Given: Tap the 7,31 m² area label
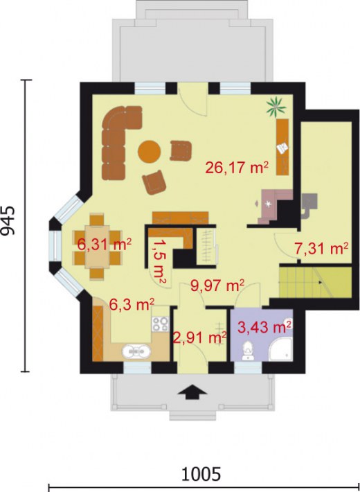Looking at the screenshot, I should coord(321,247).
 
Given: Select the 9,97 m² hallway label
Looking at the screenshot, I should coord(217,285).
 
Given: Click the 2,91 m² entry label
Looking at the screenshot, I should coord(200,337).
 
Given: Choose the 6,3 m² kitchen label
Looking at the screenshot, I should coord(132,303).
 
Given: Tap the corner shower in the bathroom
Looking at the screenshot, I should coord(283,351).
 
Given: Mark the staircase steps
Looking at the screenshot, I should coord(298,283).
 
